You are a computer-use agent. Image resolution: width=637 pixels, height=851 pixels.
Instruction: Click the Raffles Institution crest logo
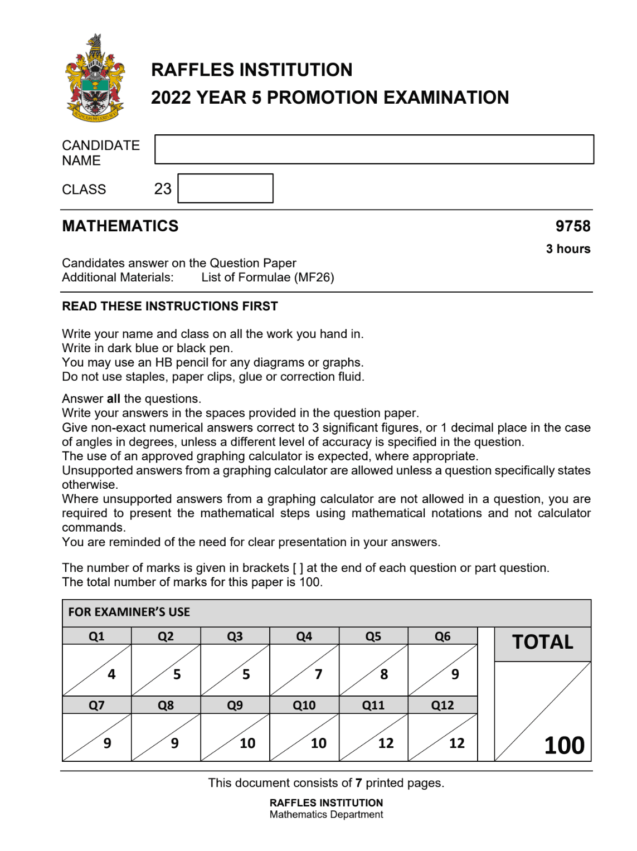pos(95,78)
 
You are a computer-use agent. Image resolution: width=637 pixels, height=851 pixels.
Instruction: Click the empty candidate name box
pos(374,149)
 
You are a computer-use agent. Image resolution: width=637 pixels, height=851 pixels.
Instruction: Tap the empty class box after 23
pos(225,188)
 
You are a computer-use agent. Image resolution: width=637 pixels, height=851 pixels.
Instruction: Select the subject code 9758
pos(572,226)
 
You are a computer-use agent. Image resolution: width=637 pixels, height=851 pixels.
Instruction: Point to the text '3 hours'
pos(568,249)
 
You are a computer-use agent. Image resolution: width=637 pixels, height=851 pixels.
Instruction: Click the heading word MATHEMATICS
pos(120,226)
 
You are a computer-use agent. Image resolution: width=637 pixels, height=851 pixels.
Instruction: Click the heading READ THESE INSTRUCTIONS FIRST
pos(170,307)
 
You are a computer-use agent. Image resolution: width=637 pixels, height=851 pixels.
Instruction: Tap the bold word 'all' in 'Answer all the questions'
pos(114,399)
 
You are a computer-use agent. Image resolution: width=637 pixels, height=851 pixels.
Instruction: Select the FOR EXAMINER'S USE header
pos(129,612)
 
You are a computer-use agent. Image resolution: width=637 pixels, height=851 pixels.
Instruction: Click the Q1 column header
pos(96,636)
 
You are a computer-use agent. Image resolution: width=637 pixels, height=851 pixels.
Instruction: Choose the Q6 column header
pos(443,636)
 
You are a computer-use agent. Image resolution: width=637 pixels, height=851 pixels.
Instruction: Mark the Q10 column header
pos(304,706)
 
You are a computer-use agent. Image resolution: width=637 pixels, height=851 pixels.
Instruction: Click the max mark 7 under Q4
pos(318,674)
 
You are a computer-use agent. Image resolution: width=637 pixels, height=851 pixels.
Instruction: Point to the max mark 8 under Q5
pos(384,674)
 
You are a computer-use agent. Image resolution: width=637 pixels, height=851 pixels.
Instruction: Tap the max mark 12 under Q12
pos(456,743)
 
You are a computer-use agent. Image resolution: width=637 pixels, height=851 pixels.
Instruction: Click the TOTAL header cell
pos(542,643)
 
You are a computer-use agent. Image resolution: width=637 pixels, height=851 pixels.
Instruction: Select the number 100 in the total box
pos(564,746)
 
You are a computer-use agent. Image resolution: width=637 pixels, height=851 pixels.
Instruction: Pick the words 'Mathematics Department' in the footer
pos(326,815)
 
